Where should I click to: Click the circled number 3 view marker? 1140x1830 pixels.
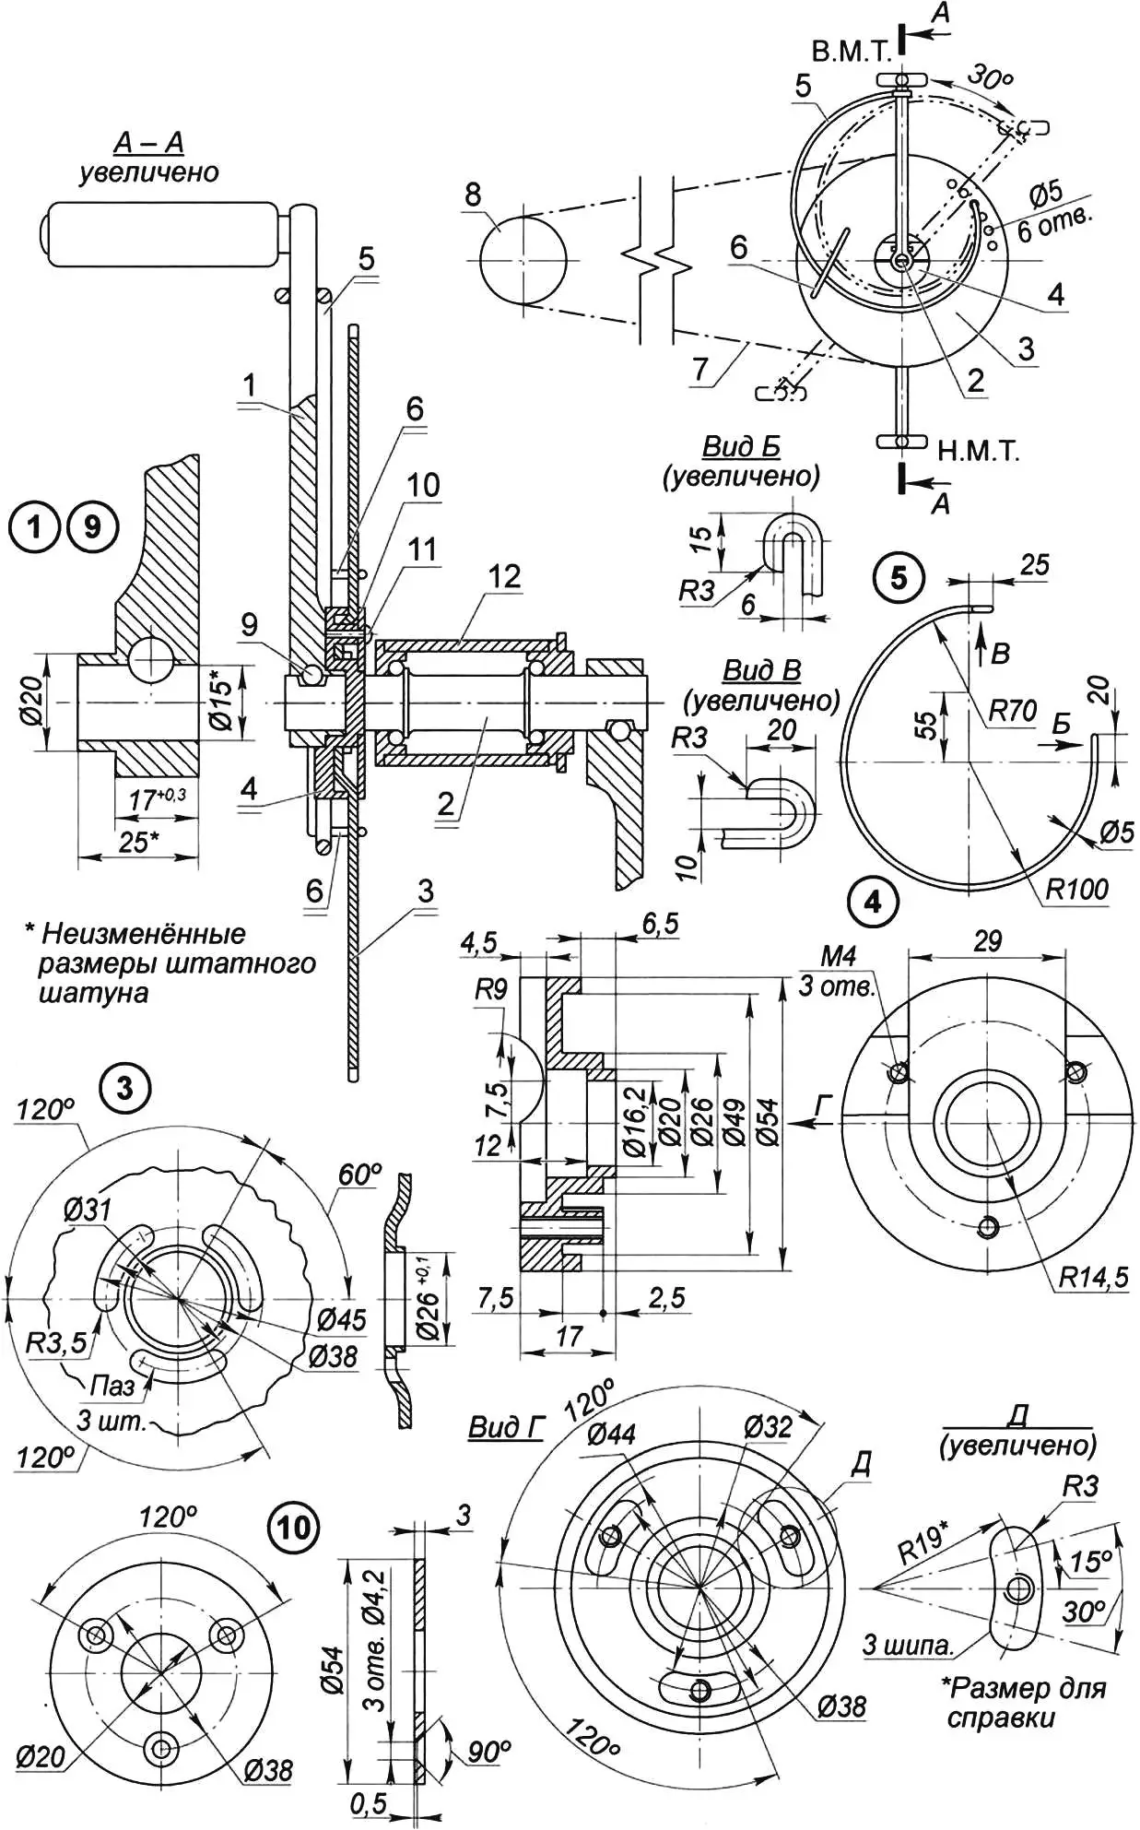[125, 1089]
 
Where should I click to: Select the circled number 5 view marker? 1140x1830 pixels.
[899, 578]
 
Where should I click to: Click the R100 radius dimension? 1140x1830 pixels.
[1076, 890]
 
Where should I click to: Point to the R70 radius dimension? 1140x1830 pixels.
[1012, 711]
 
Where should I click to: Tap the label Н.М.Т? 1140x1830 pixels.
[979, 452]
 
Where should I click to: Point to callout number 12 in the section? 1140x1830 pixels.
[504, 577]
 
